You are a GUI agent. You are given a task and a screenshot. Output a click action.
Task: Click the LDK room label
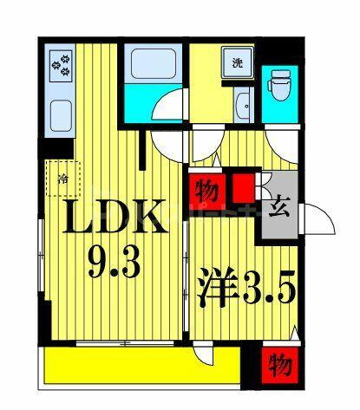[115, 217]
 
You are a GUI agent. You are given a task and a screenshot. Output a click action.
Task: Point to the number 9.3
[115, 263]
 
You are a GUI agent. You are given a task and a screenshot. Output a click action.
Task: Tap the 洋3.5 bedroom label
[246, 287]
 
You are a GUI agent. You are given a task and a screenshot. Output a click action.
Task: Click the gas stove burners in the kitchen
[61, 66]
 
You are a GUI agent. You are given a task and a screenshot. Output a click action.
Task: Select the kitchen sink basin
[61, 116]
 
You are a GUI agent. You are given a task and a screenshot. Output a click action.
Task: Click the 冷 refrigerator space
[63, 179]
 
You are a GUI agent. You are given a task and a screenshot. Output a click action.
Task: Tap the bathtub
[154, 63]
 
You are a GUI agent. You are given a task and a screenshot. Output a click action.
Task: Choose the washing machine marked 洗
[238, 62]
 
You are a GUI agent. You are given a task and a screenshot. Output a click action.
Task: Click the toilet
[280, 85]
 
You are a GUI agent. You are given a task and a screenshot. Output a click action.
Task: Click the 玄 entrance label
[279, 210]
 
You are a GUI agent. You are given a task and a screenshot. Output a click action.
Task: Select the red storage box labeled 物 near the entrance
[207, 192]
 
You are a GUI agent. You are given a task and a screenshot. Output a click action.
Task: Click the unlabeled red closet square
[244, 188]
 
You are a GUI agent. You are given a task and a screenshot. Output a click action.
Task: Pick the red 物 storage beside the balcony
[279, 366]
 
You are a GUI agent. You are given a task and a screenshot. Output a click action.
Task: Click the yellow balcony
[142, 366]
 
